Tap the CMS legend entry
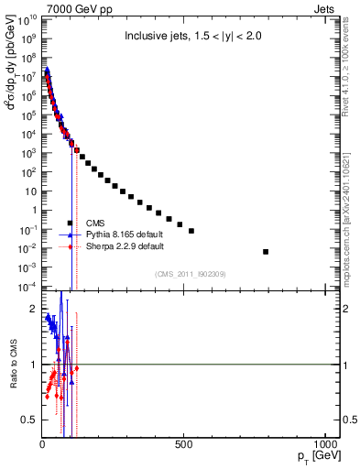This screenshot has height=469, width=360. click(95, 223)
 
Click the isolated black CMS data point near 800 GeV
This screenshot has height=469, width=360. click(266, 251)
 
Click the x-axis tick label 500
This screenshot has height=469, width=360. click(184, 444)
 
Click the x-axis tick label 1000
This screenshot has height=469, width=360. click(324, 444)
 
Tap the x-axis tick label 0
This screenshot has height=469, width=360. click(42, 444)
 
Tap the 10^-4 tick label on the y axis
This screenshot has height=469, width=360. click(27, 287)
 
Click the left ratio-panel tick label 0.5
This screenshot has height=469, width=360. click(30, 420)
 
